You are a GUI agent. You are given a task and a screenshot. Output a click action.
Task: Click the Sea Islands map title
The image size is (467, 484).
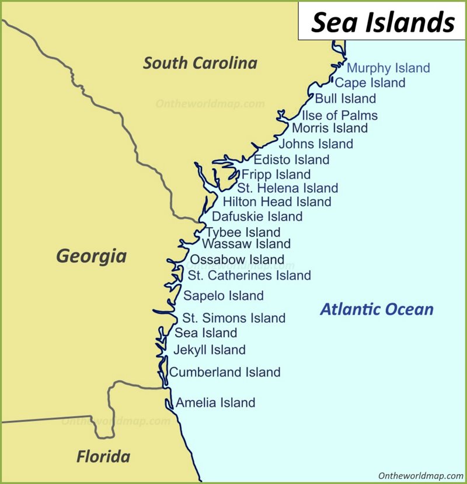click(382, 22)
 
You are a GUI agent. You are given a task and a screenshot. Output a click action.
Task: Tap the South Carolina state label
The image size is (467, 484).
click(200, 63)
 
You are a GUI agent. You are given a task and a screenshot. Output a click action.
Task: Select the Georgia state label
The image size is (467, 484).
click(91, 256)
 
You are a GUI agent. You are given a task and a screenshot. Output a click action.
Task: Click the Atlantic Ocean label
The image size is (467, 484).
click(377, 309)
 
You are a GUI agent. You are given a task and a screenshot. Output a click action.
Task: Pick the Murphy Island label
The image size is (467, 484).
click(388, 68)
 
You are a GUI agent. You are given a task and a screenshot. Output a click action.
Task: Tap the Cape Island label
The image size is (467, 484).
click(370, 83)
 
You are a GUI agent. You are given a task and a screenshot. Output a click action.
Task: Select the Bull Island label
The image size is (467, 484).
click(345, 98)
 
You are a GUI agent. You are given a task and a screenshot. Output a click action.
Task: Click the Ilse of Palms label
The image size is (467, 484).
click(339, 115)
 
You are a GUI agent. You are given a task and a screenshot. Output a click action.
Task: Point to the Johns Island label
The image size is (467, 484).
click(315, 144)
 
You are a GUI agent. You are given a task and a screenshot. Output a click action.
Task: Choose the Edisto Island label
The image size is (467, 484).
click(291, 159)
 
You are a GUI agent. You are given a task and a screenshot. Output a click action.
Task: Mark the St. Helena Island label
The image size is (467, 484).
click(287, 188)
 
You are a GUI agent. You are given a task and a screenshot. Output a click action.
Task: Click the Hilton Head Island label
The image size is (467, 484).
click(277, 202)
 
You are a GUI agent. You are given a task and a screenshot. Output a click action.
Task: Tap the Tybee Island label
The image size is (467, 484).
click(243, 232)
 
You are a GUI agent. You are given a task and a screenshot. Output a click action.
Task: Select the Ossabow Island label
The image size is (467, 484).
click(237, 260)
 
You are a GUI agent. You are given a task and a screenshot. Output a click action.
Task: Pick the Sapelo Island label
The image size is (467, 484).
click(224, 296)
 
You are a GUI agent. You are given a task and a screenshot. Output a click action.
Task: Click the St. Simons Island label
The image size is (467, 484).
click(233, 318)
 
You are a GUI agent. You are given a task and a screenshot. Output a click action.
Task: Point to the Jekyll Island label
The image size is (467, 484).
click(209, 350)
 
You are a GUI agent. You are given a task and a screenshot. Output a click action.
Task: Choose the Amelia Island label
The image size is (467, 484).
click(215, 402)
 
